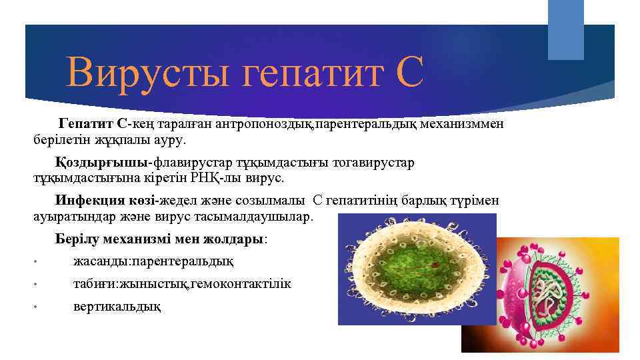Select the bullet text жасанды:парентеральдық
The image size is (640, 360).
[153, 261]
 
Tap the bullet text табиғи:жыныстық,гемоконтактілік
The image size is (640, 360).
[181, 284]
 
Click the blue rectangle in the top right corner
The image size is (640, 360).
[565, 30]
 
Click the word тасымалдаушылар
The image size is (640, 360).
[267, 217]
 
